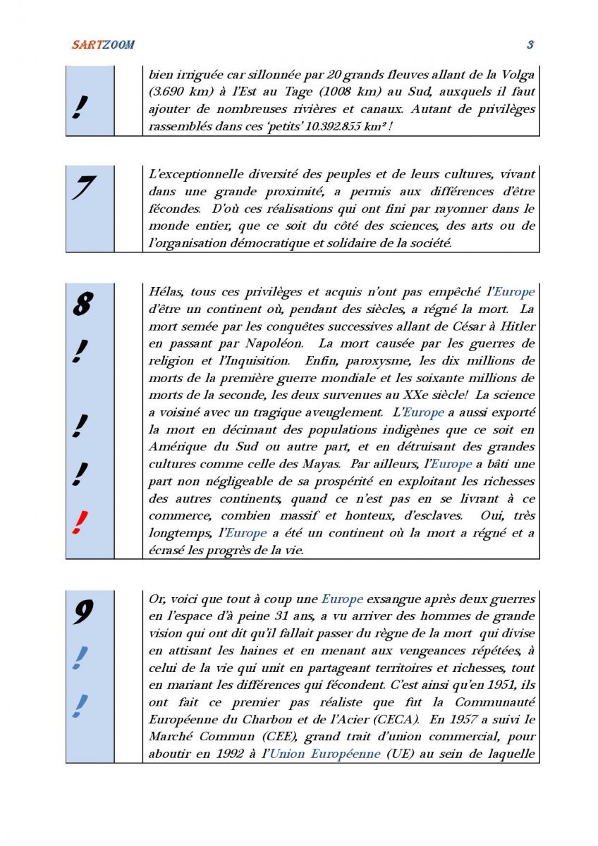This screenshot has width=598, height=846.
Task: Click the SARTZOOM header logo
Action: coord(103,44)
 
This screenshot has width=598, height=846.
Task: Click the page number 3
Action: coord(530,44)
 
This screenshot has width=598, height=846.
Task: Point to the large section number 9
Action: coord(83,612)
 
